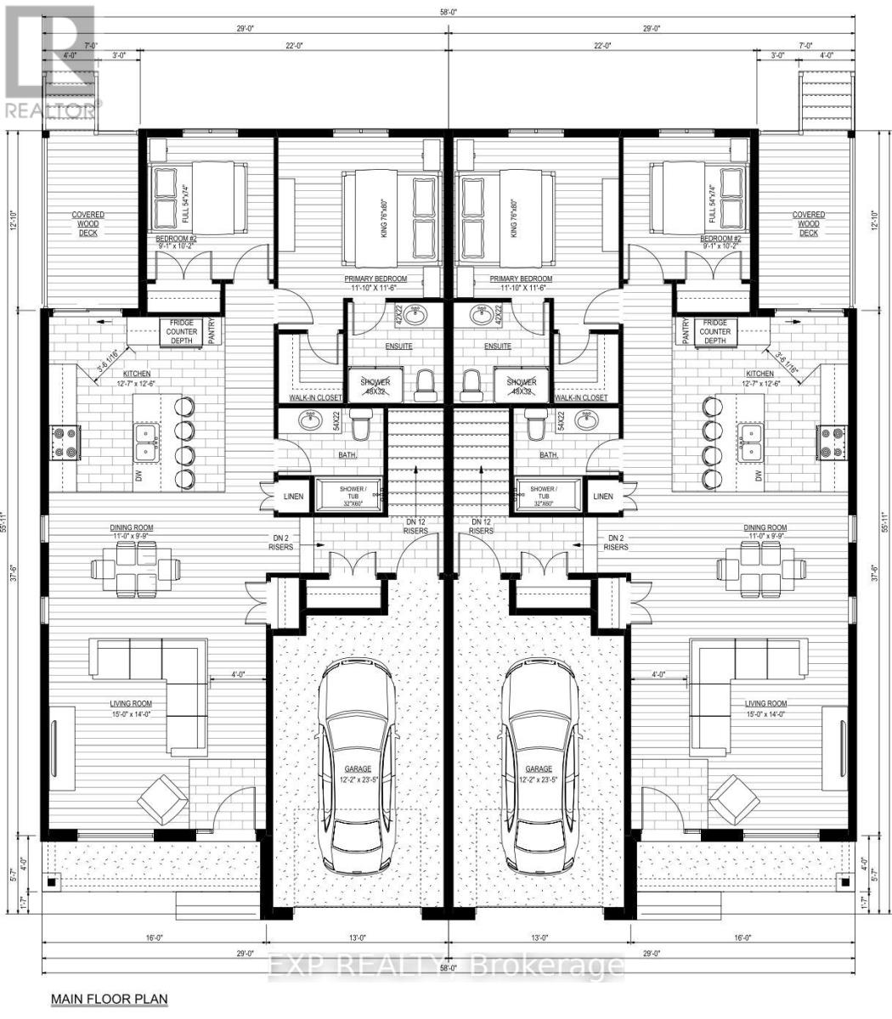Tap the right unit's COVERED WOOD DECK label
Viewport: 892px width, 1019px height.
pyautogui.click(x=808, y=223)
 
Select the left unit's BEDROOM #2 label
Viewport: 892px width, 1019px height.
pyautogui.click(x=176, y=240)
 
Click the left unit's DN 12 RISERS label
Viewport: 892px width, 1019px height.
pyautogui.click(x=414, y=526)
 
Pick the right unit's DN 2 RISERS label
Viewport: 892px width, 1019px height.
pyautogui.click(x=616, y=543)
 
